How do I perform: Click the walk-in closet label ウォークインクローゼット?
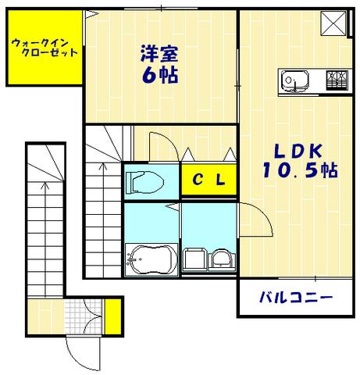click(45, 48)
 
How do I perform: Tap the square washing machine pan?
click(196, 259)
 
